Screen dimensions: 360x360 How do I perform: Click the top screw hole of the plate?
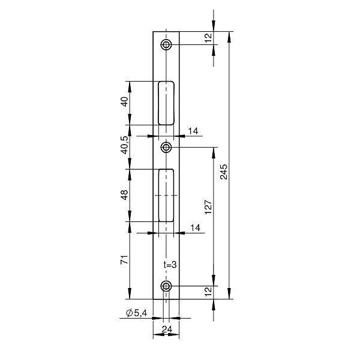coord(166,44)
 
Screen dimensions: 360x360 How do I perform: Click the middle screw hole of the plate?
coord(166,147)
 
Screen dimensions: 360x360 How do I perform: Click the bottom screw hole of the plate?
coord(166,286)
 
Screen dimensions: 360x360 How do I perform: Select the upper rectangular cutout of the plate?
coord(166,103)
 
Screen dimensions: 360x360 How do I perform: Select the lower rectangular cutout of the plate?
coord(166,196)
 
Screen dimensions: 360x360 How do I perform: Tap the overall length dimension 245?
coord(223,172)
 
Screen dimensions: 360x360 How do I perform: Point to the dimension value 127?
coord(208,206)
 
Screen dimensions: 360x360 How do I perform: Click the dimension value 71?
coord(124,259)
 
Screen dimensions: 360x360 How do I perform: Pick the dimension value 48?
coord(124,195)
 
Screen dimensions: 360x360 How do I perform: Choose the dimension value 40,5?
coord(125,145)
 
